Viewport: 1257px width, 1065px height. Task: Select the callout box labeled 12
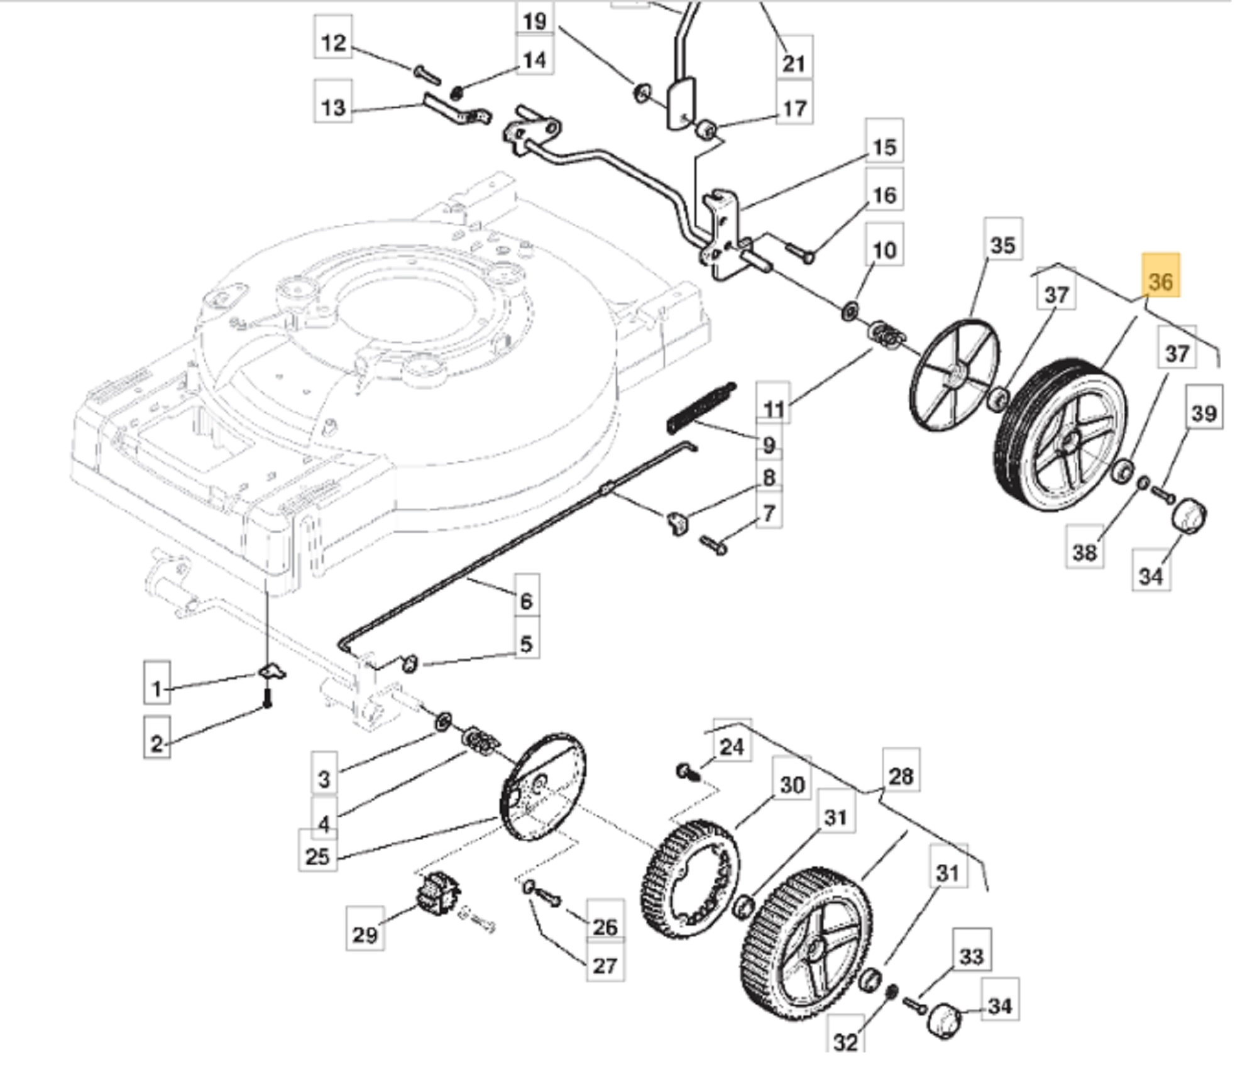333,43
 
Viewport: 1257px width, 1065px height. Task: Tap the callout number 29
365,934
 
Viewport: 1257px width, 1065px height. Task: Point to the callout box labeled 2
156,743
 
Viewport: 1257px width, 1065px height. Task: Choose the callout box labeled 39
1204,413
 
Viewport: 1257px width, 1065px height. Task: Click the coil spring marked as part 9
701,407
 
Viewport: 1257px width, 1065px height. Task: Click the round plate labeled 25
542,787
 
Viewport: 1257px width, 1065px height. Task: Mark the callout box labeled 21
794,63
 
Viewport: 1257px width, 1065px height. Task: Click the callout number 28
901,776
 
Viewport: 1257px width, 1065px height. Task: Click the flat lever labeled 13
456,110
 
